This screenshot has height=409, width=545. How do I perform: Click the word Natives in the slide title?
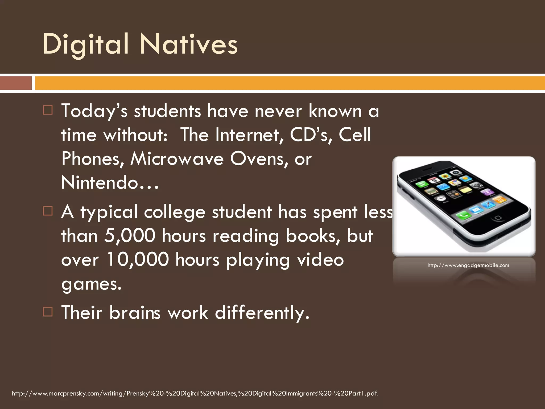(189, 44)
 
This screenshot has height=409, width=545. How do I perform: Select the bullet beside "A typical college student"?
(48, 211)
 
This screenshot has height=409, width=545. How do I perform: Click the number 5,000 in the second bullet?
(129, 236)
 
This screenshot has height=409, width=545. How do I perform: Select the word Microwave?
(177, 159)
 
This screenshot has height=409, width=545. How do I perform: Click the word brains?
(135, 312)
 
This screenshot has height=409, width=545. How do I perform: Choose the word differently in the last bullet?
(262, 312)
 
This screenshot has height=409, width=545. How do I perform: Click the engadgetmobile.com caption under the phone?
(468, 265)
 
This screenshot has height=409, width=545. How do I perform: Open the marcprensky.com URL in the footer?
(195, 393)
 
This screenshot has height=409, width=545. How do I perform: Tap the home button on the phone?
(498, 218)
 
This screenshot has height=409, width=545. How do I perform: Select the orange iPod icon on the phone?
(499, 199)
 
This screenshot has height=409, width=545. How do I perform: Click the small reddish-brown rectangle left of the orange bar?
(16, 83)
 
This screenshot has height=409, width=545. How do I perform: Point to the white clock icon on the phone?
(441, 199)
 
